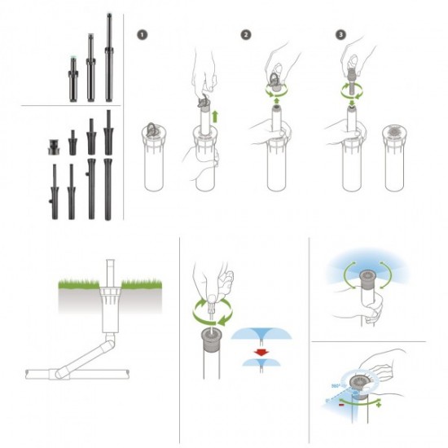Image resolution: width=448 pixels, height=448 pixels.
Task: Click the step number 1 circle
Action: (142, 35)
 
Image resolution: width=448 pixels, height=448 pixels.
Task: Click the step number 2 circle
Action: (246, 35)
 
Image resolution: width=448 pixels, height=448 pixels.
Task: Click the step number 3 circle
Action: (340, 35)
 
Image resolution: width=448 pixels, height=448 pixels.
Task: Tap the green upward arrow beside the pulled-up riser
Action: (215, 116)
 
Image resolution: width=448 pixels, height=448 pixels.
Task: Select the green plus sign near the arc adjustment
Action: (379, 405)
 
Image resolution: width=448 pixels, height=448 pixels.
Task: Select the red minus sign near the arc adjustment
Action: (341, 405)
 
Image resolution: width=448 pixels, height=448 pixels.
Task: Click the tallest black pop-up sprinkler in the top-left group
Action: (108, 57)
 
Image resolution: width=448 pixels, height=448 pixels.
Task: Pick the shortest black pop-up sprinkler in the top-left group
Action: (73, 79)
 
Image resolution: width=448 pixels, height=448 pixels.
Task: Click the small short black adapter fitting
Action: (52, 147)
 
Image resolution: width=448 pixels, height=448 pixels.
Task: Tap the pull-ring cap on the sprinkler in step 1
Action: (152, 130)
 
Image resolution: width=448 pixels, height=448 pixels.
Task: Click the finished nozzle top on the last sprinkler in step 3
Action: (394, 131)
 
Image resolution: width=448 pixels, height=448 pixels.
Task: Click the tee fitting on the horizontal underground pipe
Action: (59, 374)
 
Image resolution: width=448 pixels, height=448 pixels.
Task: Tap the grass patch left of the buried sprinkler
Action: (79, 284)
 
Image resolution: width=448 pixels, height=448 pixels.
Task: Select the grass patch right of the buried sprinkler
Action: (142, 283)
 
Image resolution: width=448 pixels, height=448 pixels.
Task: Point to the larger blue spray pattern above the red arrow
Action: (261, 333)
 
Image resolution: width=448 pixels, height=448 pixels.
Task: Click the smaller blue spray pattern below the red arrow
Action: (261, 362)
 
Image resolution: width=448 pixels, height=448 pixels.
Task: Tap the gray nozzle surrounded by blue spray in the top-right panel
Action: (367, 279)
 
